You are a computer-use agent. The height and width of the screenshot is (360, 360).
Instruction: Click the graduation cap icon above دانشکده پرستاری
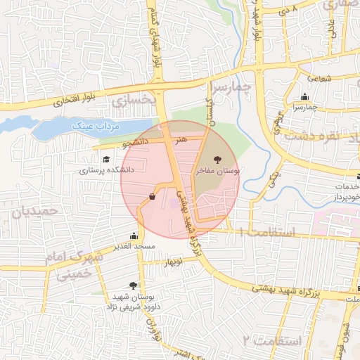point(106,160)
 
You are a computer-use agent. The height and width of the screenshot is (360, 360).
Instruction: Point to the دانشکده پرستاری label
point(106,169)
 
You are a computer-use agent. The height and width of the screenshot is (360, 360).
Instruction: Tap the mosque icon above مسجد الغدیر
point(134,236)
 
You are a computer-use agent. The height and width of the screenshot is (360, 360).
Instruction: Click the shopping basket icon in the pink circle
point(153,197)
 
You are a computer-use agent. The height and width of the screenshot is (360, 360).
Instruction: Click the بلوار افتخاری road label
point(67,100)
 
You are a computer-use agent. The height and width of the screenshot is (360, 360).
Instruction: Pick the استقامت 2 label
point(271,341)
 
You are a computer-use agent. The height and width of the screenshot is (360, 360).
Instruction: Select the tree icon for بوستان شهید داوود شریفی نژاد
point(134,285)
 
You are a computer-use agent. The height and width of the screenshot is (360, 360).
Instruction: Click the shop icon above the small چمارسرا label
point(304,97)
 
